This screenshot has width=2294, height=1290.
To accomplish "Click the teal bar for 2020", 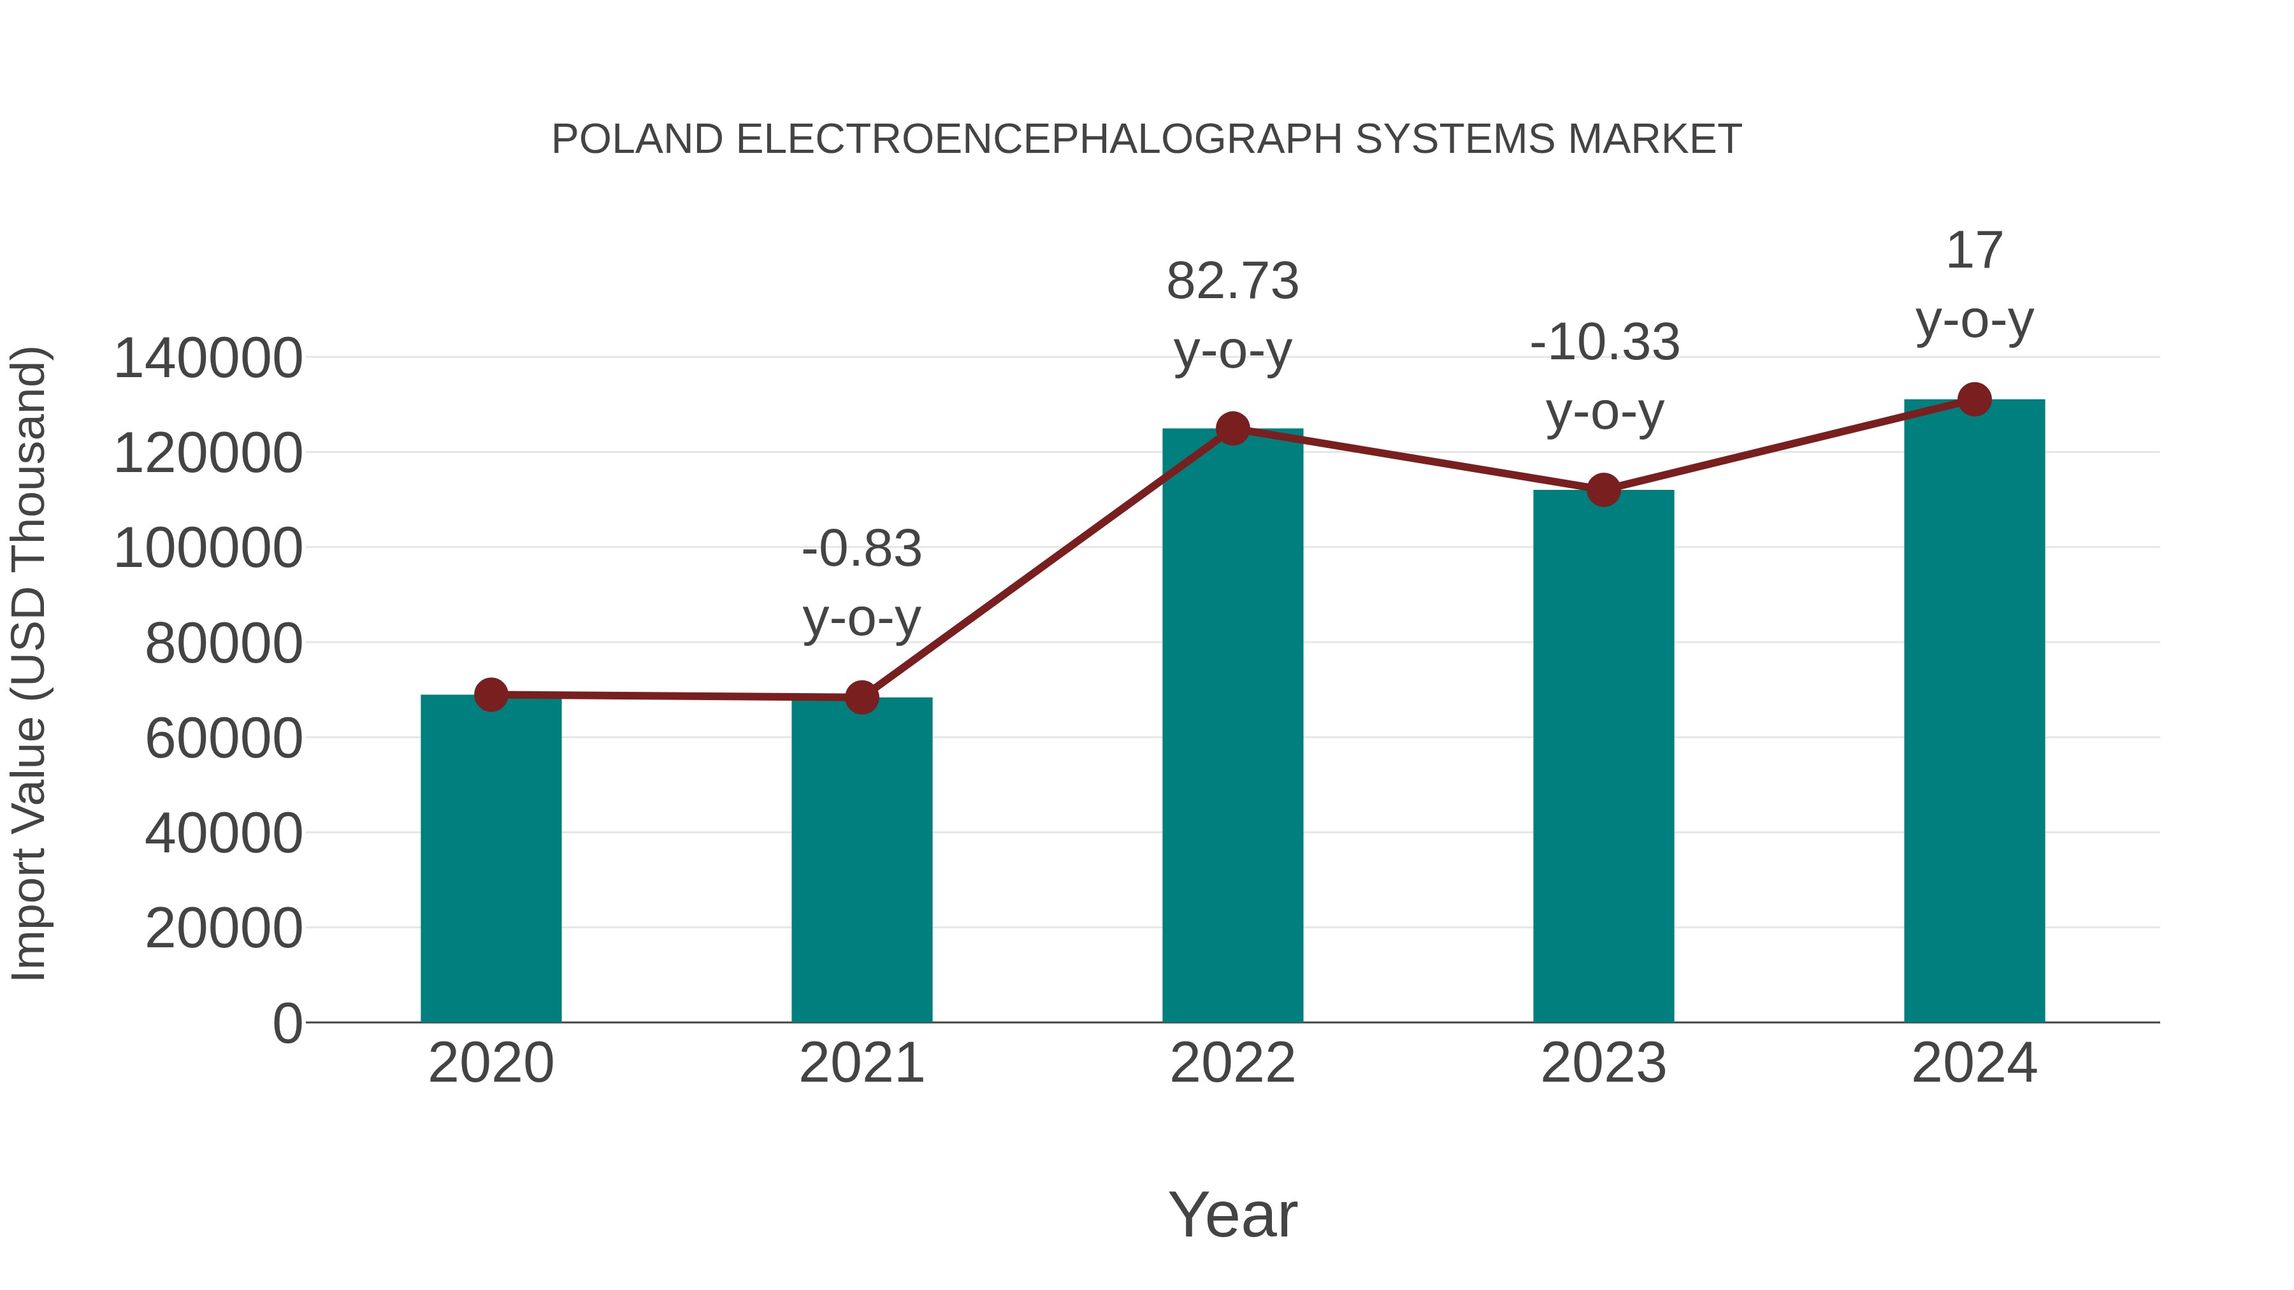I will [491, 859].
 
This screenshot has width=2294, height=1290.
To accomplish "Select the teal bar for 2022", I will [1232, 726].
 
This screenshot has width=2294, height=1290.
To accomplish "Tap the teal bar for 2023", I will [1603, 757].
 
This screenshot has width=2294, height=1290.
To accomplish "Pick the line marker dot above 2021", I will [861, 697].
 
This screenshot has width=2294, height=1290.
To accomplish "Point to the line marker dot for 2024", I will [1974, 399].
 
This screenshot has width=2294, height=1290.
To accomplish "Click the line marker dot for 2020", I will [491, 694].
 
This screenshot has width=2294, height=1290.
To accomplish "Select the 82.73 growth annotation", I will [1232, 282].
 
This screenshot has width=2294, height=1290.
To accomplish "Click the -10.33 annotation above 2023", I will [1604, 343].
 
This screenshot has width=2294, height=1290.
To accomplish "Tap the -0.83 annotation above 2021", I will [861, 548].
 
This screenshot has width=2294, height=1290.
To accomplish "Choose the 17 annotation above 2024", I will [1974, 251].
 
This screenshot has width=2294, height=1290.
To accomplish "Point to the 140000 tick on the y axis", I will [208, 359].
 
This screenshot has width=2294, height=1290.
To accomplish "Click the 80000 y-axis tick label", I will [224, 643].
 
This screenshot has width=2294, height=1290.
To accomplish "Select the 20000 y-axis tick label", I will [224, 929].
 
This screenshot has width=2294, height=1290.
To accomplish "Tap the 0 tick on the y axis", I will [287, 1023].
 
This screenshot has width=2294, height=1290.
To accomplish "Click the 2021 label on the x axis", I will [861, 1063].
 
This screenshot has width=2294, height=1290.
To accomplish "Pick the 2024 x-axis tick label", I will [1974, 1063].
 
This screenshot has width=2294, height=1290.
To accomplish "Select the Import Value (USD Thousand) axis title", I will [29, 663].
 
